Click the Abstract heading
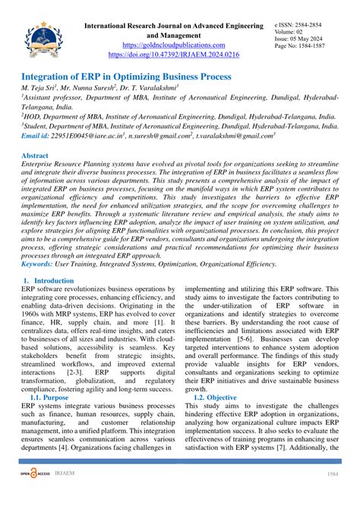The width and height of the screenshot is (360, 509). (x=37, y=155)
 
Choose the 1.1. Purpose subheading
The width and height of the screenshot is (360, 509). (x=54, y=397)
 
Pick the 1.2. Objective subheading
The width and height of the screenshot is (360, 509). (x=216, y=397)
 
